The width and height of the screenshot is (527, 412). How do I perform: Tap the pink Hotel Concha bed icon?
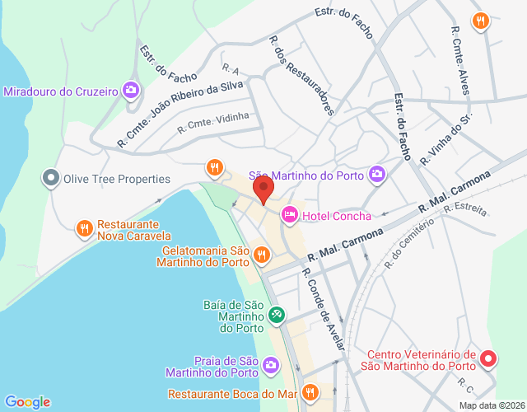point(290,215)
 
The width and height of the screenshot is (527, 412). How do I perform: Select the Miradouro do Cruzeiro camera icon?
point(130,90)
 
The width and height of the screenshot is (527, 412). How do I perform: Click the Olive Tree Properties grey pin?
point(52,178)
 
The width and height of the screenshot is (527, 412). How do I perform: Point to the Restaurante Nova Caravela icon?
point(83,228)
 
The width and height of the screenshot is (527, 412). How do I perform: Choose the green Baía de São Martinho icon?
point(277,314)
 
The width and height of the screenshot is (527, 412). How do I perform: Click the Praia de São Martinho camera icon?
point(271,364)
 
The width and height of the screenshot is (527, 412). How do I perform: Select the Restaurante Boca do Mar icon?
point(310,392)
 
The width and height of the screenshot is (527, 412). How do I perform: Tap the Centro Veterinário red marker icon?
point(488,358)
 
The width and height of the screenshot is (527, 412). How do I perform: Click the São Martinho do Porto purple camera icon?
point(377,174)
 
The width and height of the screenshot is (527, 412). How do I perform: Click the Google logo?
point(26,402)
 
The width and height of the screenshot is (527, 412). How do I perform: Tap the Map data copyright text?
point(492,405)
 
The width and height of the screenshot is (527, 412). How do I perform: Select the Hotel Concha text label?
point(336,216)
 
